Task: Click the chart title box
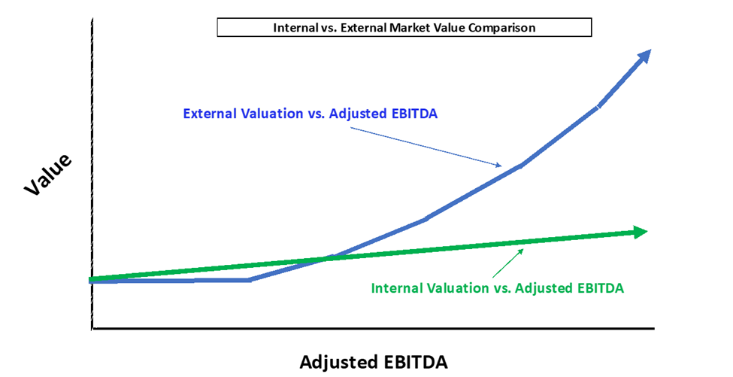click(x=404, y=27)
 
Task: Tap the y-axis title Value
click(x=48, y=174)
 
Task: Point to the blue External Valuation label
click(x=310, y=114)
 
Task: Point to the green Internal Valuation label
click(x=498, y=287)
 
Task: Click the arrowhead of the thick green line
click(x=640, y=232)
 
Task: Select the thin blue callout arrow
click(x=426, y=147)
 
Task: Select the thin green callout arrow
click(x=507, y=263)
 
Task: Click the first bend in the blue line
click(x=249, y=280)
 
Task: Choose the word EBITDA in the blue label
click(x=413, y=114)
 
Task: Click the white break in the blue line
click(x=598, y=107)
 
